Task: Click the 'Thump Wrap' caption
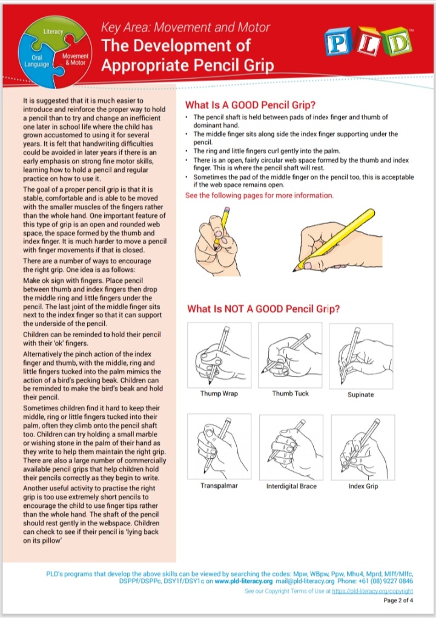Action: [x=219, y=394]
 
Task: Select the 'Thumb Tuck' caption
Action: [x=290, y=393]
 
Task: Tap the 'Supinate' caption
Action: [x=361, y=395]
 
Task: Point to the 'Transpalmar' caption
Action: [x=219, y=485]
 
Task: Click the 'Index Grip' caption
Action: [x=363, y=486]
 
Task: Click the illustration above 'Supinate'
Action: [x=361, y=355]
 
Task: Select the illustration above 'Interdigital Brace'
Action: [x=291, y=446]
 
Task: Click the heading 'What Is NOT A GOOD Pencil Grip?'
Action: [x=263, y=309]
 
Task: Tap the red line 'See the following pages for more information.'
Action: [x=259, y=196]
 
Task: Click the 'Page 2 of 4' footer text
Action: [x=398, y=601]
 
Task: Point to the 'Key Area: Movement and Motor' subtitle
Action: [x=185, y=27]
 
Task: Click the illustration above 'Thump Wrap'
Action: [x=219, y=355]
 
